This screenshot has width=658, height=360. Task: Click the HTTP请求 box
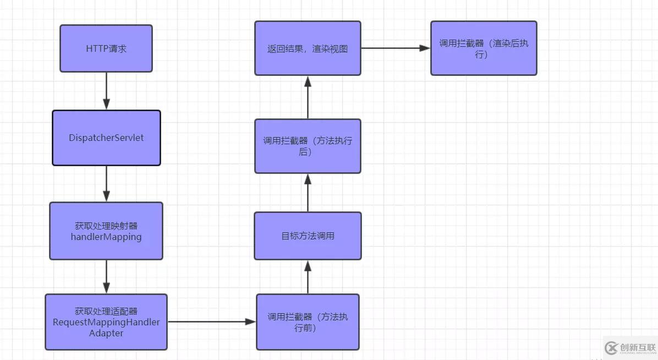point(106,48)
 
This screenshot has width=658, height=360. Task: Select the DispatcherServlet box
point(106,138)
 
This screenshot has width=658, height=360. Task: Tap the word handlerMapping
point(106,237)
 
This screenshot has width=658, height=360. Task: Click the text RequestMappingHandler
point(106,323)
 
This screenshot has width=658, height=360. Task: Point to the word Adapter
point(106,333)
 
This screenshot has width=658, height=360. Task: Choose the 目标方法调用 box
point(308,236)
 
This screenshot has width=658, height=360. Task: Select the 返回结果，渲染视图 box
point(308,48)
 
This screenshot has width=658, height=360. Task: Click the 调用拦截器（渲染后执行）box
point(484,48)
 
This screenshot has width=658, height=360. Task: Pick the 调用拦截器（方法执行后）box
point(308,146)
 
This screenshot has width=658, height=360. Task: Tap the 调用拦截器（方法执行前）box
point(308,322)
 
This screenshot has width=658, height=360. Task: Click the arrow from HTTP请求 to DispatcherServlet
point(106,91)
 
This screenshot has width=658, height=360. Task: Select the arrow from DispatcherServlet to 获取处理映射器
point(106,183)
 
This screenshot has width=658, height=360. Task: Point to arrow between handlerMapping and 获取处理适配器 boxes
point(106,276)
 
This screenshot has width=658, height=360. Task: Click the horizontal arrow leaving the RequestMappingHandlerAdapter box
point(212,321)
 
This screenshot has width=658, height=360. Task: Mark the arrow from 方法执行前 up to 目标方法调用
point(308,277)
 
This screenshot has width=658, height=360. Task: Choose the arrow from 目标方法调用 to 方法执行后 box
point(308,193)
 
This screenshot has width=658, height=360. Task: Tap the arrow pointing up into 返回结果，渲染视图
point(308,97)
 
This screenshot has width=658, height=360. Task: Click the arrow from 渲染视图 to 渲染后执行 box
point(395,48)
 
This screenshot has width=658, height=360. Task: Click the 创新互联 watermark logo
point(630,347)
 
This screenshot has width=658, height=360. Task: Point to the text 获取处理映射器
point(106,226)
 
